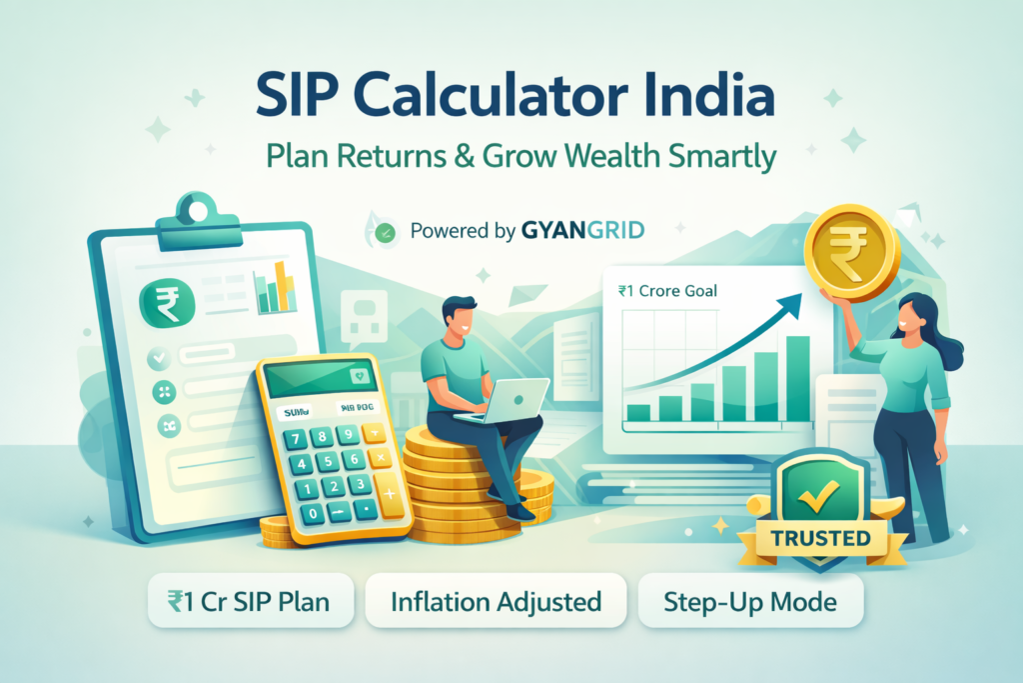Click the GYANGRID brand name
(x=583, y=231)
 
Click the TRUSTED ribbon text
(x=822, y=538)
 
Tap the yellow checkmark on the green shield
(x=820, y=490)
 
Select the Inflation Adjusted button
(x=496, y=602)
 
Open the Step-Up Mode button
(x=749, y=602)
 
